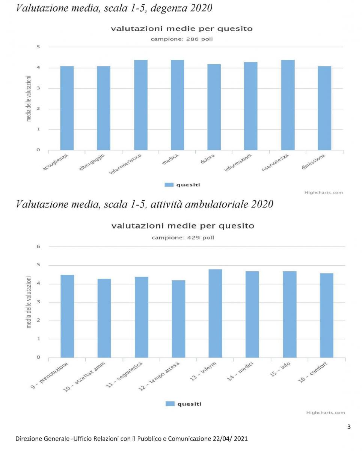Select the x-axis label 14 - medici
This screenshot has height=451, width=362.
pyautogui.click(x=241, y=372)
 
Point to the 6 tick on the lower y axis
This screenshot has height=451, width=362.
pyautogui.click(x=38, y=247)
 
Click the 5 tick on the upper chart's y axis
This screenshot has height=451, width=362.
pyautogui.click(x=38, y=47)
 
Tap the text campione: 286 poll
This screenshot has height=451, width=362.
pyautogui.click(x=181, y=39)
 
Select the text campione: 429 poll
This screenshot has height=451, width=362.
pyautogui.click(x=183, y=238)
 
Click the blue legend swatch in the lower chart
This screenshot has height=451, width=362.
pyautogui.click(x=170, y=404)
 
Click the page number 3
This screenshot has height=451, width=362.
pyautogui.click(x=349, y=427)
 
